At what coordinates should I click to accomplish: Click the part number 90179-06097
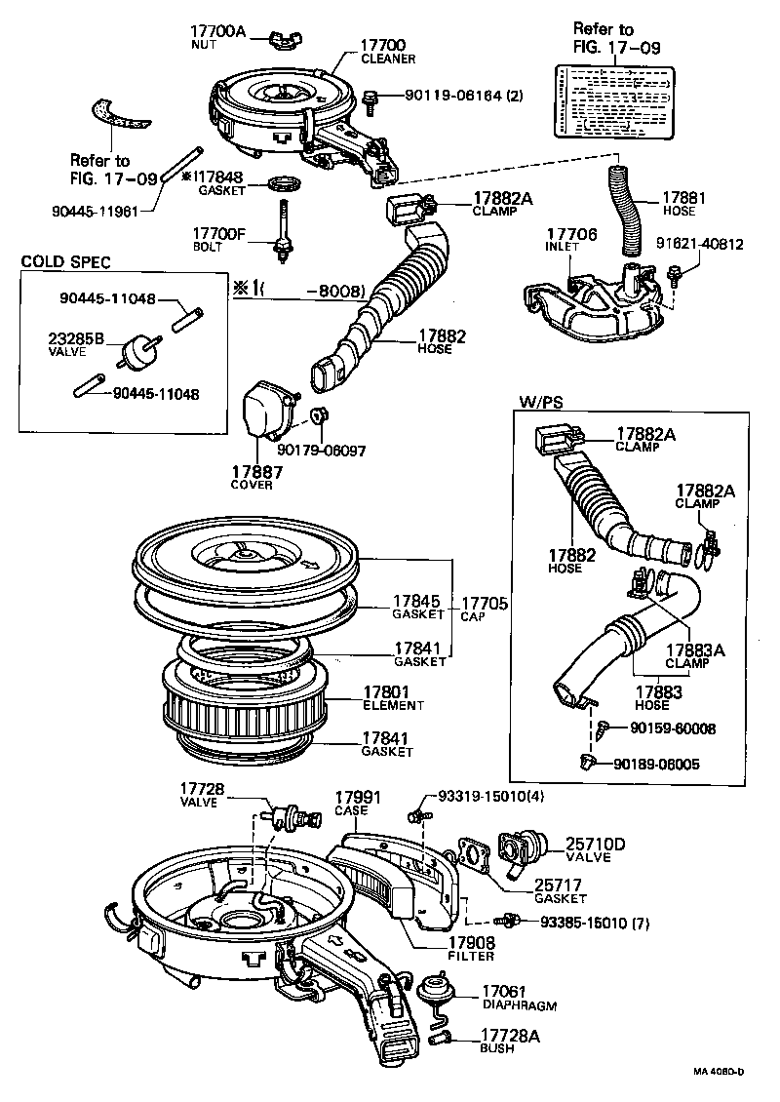pyautogui.click(x=321, y=450)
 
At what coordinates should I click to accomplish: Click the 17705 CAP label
pyautogui.click(x=484, y=609)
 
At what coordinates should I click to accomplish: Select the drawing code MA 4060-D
pyautogui.click(x=719, y=1071)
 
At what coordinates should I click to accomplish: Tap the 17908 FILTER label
pyautogui.click(x=471, y=948)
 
